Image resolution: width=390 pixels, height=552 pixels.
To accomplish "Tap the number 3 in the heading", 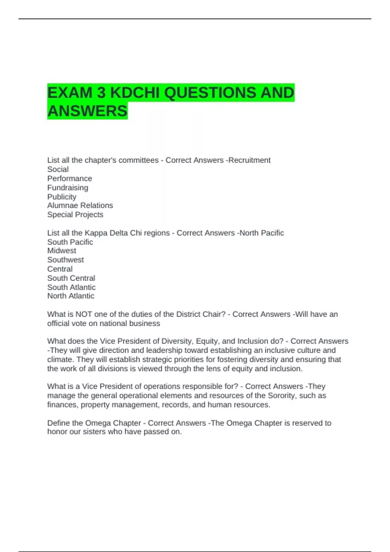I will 101,93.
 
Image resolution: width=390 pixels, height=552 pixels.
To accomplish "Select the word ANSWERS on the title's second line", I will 87,111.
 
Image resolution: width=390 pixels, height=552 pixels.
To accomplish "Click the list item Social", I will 58,169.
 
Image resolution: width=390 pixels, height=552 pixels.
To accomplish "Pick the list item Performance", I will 70,179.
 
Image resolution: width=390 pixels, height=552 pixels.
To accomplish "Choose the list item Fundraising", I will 68,188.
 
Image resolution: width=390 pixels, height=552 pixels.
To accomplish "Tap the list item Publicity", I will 62,197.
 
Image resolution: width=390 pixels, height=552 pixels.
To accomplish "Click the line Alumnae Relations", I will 80,206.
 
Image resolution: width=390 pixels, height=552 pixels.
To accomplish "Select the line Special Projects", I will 75,215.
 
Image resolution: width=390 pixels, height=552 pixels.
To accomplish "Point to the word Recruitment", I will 249,160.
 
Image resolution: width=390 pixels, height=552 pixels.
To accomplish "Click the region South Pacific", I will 70,242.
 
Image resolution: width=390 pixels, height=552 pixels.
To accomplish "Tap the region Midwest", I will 62,251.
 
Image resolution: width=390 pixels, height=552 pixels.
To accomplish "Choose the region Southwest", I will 65,260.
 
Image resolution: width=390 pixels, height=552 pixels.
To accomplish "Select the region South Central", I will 71,278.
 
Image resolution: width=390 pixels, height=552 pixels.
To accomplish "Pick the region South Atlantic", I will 71,287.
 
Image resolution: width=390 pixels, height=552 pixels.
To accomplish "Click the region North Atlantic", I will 71,296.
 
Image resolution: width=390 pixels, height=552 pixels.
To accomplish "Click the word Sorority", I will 282,395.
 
